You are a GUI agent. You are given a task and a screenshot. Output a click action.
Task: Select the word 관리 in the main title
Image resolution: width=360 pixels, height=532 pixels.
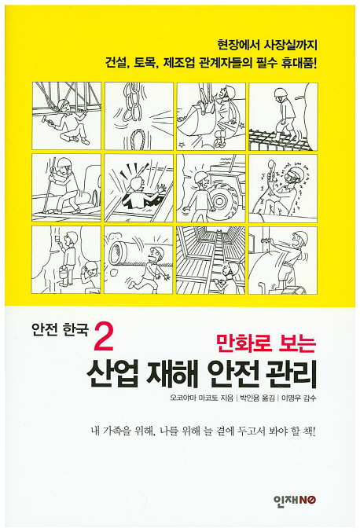pyautogui.click(x=290, y=376)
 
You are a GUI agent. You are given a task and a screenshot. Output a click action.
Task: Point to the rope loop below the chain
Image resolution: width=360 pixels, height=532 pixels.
pyautogui.click(x=138, y=138)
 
